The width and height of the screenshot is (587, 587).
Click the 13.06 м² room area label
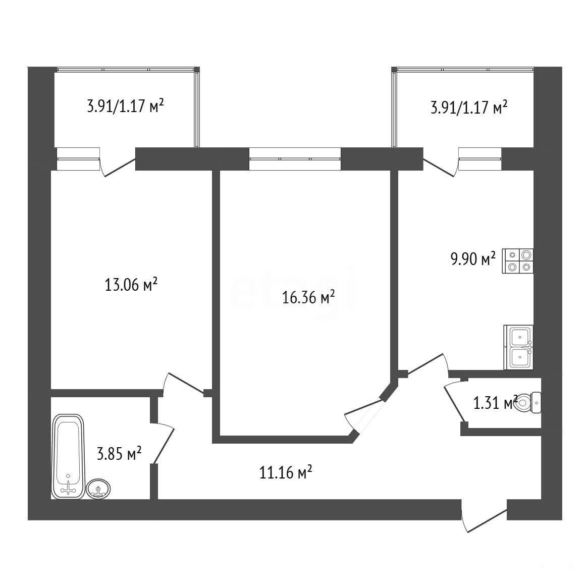(x=131, y=285)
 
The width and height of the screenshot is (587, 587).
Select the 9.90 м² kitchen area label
(x=473, y=259)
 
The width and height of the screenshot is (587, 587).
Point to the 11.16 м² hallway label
(x=286, y=472)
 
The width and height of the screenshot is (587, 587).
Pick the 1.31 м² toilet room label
(x=495, y=403)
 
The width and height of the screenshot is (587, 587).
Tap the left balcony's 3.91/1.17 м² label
(x=125, y=106)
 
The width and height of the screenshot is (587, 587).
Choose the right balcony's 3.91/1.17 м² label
(x=469, y=108)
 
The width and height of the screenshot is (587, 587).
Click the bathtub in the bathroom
(x=68, y=456)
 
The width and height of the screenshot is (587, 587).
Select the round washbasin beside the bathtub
(x=98, y=489)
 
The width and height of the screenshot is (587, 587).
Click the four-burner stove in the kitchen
(x=518, y=261)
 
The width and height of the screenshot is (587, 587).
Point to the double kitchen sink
(x=518, y=347)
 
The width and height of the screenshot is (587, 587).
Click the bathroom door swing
(x=163, y=444)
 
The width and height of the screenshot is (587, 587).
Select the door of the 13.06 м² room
(x=184, y=384)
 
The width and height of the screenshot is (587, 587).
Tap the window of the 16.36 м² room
(x=295, y=158)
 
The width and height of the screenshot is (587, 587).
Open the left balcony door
(x=118, y=166)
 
